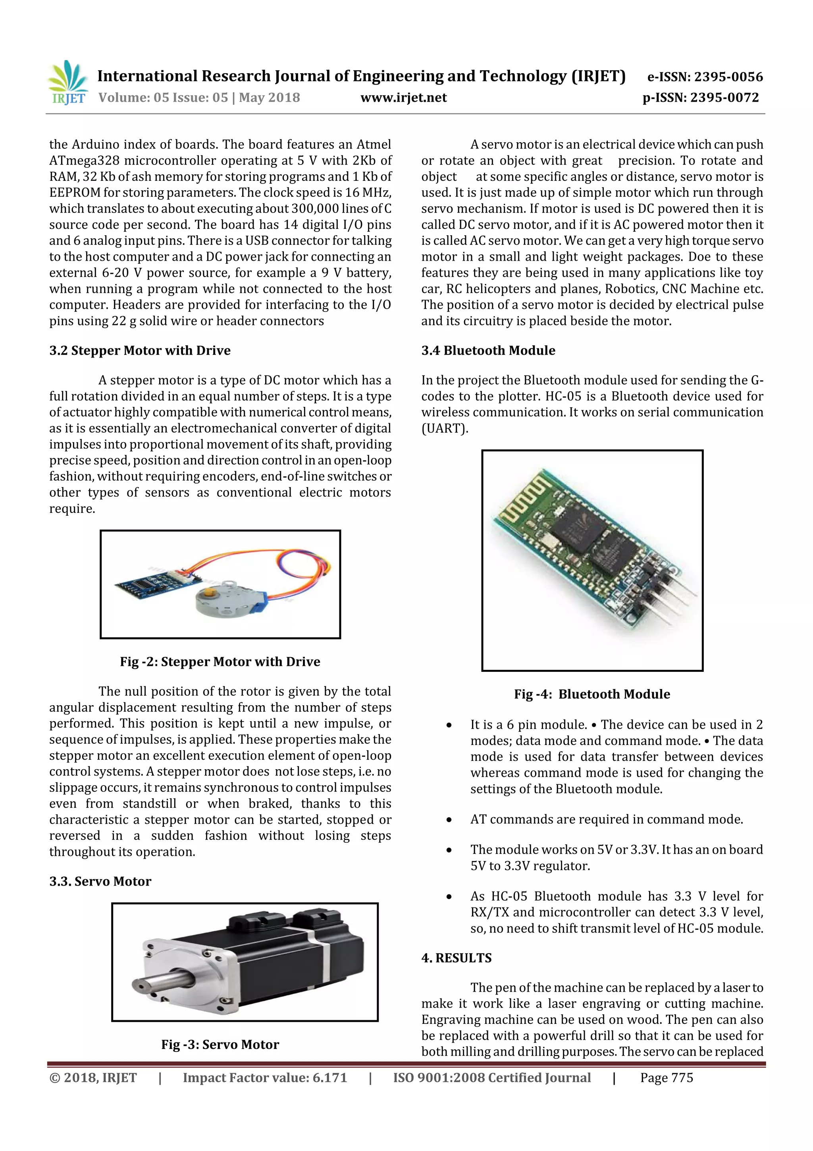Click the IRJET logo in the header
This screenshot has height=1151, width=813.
click(67, 83)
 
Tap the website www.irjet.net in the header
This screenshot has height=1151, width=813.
click(403, 97)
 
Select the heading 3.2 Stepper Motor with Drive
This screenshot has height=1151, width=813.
click(140, 350)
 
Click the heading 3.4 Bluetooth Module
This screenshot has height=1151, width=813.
click(488, 350)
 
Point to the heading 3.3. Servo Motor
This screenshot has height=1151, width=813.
click(100, 881)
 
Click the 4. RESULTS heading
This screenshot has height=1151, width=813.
click(457, 958)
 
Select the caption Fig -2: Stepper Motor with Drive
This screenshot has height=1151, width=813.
click(220, 662)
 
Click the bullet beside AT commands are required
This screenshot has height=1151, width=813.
click(449, 820)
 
